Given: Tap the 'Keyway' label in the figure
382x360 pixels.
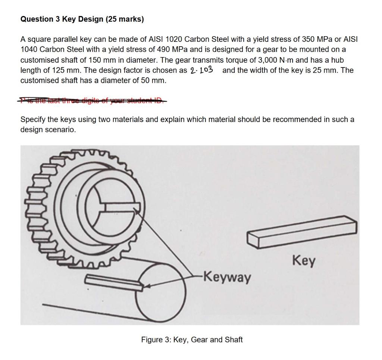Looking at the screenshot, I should point(228,278).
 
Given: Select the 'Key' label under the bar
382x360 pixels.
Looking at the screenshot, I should point(304,260).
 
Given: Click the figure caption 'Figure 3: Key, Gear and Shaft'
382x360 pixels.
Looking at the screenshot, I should point(192,339).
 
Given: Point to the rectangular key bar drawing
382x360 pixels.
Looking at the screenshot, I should point(302,233).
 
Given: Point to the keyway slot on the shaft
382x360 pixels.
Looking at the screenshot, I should point(114,282).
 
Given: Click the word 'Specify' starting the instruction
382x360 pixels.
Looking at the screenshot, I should point(32,119).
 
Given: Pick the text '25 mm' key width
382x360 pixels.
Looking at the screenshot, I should point(322,70).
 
